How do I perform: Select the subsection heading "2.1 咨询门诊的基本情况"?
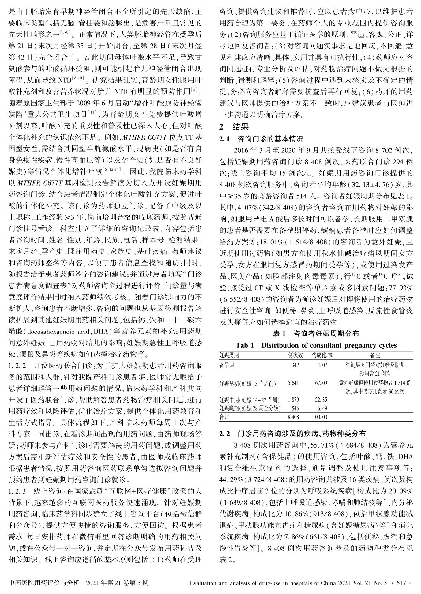[261, 139]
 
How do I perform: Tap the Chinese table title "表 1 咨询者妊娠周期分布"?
[316, 333]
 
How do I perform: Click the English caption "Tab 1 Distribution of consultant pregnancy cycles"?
[316, 345]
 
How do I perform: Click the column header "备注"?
[375, 355]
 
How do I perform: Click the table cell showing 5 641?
[293, 383]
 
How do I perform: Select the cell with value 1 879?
[293, 400]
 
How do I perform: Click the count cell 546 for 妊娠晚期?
[295, 408]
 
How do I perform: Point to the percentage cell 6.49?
[322, 408]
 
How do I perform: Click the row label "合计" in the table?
[225, 417]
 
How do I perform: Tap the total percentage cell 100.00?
[320, 417]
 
